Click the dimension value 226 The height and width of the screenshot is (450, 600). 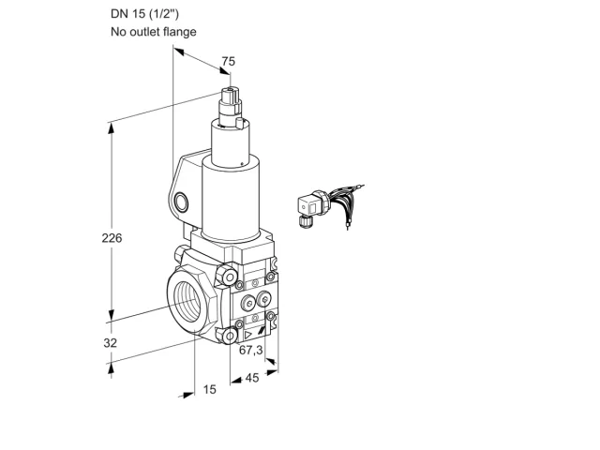[x=112, y=238]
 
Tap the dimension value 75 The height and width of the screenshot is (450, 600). [x=229, y=61]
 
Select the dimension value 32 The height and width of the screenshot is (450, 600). [x=111, y=343]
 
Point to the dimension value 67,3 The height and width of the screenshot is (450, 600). [x=250, y=350]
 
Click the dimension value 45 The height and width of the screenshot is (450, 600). [x=252, y=378]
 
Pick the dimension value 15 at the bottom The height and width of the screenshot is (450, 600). [x=209, y=390]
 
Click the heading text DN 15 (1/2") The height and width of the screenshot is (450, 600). [x=144, y=14]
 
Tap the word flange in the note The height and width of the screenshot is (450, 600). [x=180, y=32]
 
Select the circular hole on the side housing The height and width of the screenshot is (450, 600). [x=181, y=202]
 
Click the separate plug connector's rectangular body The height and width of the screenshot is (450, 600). [x=310, y=206]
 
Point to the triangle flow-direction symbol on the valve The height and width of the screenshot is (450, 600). [x=247, y=336]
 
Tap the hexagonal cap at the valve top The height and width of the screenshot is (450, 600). [x=231, y=95]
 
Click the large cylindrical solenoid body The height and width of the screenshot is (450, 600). [x=231, y=200]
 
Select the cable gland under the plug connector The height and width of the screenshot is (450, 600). [x=304, y=221]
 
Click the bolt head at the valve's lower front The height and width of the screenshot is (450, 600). [x=229, y=337]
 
